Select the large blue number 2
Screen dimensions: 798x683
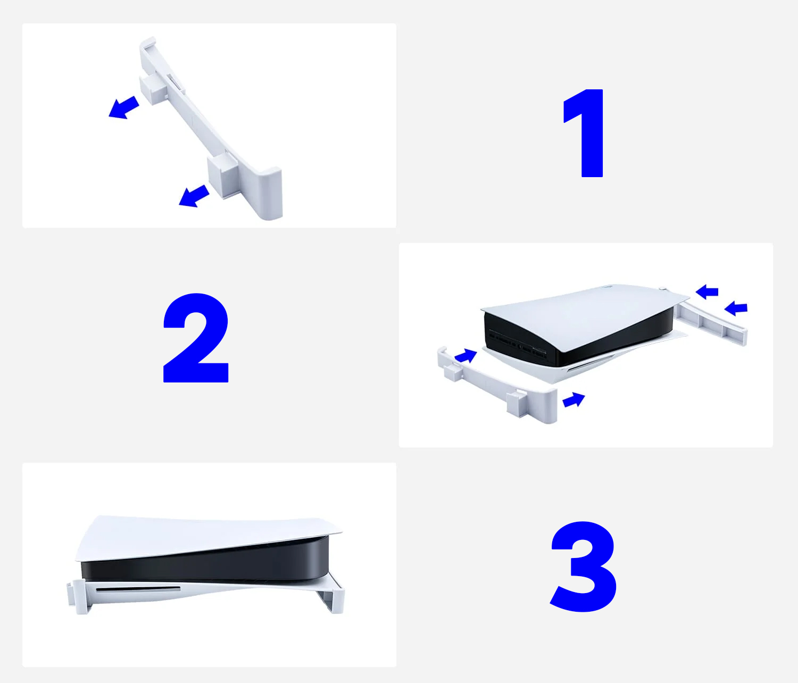tap(196, 338)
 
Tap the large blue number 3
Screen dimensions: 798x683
tap(583, 567)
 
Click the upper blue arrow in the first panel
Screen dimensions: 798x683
tap(123, 108)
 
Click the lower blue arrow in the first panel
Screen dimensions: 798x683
tap(194, 196)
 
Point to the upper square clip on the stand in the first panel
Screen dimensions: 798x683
tap(153, 90)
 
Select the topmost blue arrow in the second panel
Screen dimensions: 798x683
tap(707, 291)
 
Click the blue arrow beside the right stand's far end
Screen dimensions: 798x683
tap(736, 309)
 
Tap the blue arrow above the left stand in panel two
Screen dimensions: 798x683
tap(466, 355)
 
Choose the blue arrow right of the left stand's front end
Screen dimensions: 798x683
tap(573, 399)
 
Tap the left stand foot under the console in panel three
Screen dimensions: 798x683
tap(79, 596)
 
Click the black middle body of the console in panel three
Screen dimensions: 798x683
tap(205, 563)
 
